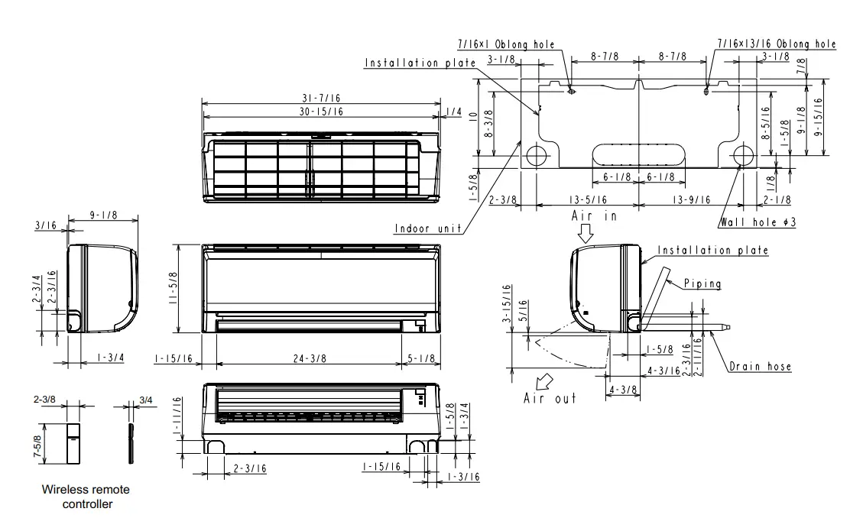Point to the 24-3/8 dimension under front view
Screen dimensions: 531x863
pos(308,358)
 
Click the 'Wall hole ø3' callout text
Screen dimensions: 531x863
pos(759,223)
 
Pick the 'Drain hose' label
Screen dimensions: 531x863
pos(760,366)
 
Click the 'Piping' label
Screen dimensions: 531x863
pos(702,283)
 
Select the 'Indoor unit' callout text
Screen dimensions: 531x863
pos(428,228)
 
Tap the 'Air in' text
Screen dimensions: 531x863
pos(594,216)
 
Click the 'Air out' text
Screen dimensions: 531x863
pos(550,398)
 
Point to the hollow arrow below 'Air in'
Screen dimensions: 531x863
pos(586,233)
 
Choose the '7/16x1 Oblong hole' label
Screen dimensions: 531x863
pos(506,45)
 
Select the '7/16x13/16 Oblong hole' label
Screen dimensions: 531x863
pos(777,44)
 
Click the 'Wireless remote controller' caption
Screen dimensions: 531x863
pos(86,497)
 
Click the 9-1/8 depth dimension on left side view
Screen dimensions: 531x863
pos(102,216)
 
